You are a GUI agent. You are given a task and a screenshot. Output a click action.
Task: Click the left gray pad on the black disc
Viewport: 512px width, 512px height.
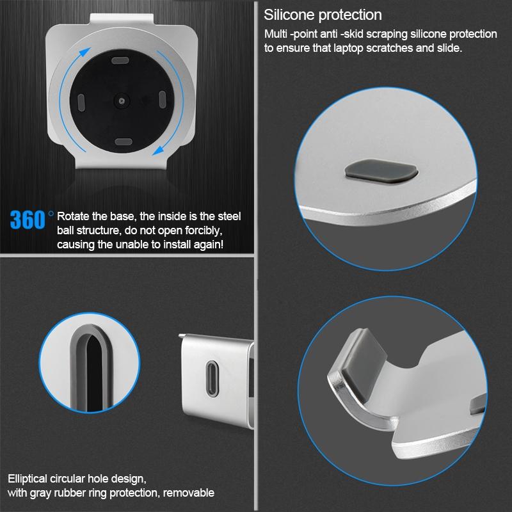81,102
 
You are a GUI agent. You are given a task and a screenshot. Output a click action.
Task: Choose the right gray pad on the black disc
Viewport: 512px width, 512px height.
161,99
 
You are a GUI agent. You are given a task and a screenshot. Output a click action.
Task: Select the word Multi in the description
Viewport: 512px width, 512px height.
276,33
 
